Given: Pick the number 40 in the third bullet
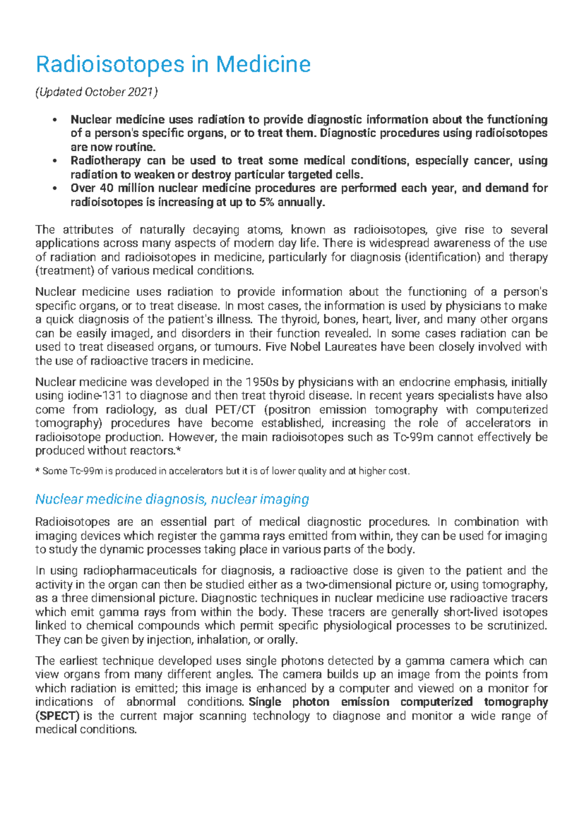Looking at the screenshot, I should pyautogui.click(x=106, y=188).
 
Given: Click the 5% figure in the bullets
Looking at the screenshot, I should pyautogui.click(x=266, y=202).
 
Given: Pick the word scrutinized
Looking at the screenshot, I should pyautogui.click(x=515, y=626).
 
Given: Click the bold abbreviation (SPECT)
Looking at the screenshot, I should pyautogui.click(x=57, y=716).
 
